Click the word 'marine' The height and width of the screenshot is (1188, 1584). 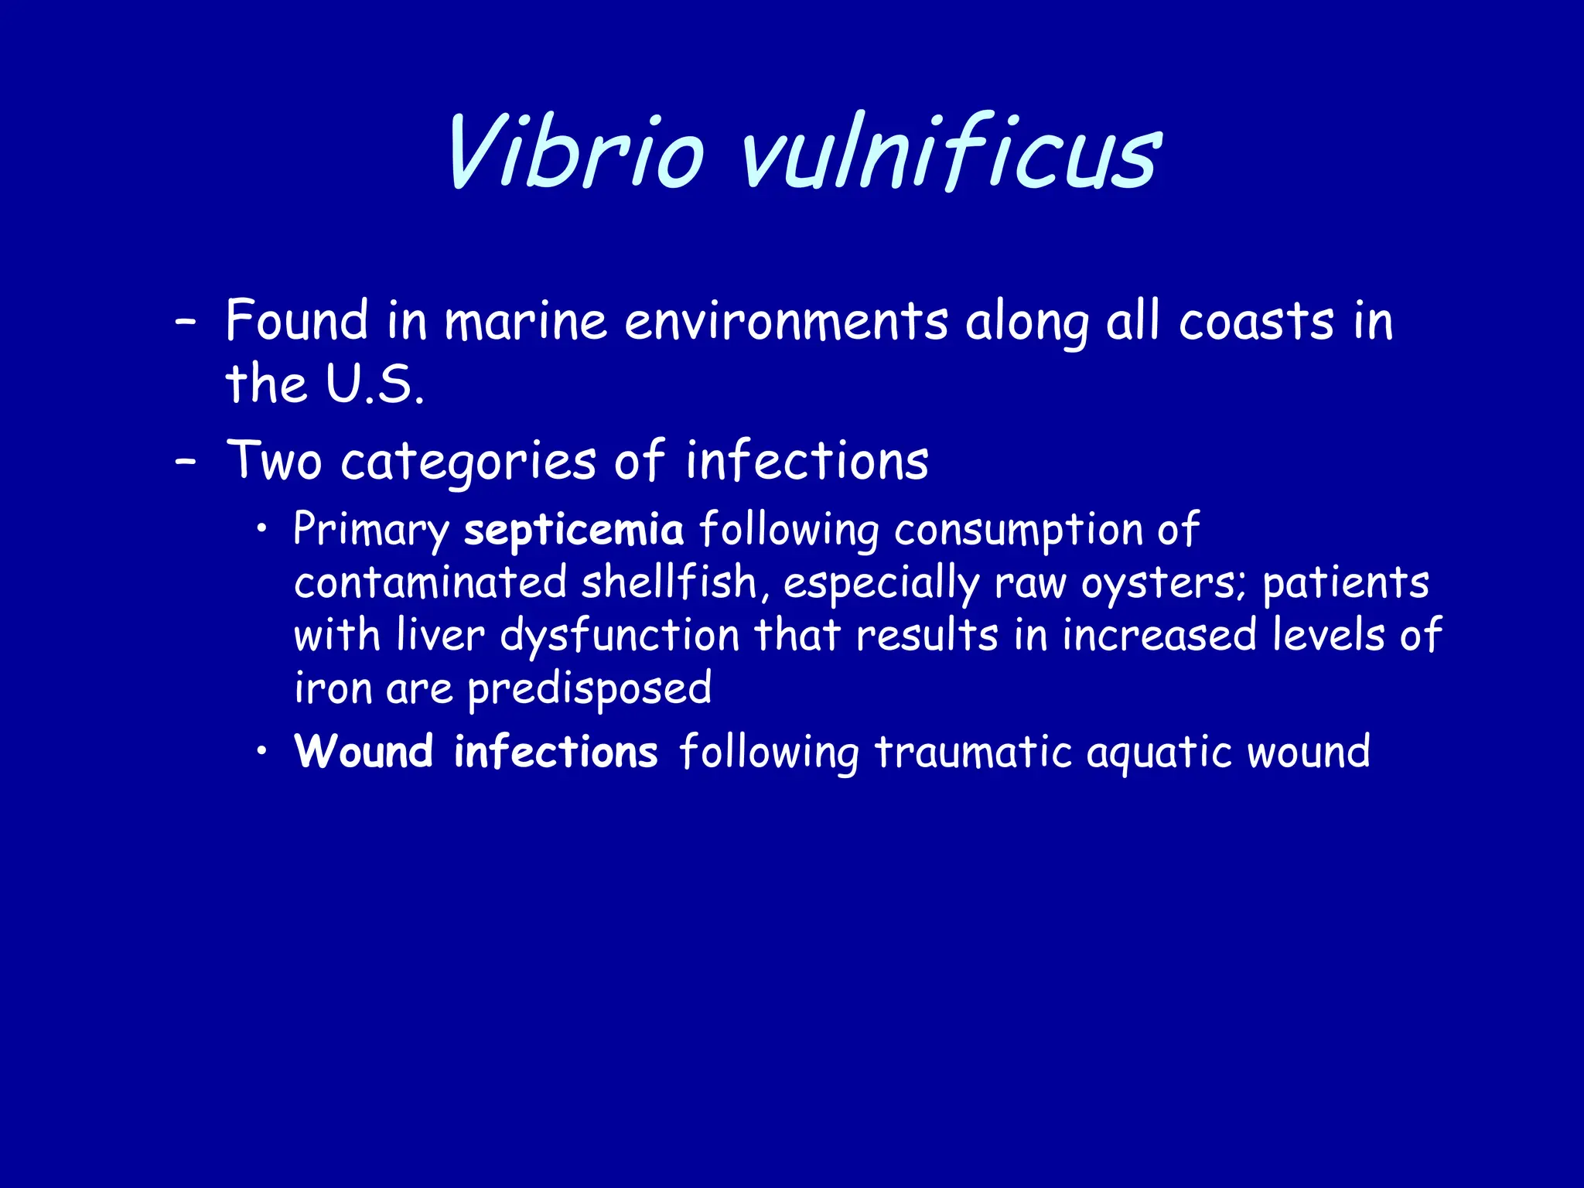tap(526, 321)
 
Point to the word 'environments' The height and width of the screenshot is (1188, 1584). tap(786, 321)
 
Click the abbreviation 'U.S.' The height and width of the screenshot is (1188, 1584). tap(374, 384)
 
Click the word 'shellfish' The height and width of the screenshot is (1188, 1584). tap(669, 583)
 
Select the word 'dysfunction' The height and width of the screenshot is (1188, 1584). tap(620, 637)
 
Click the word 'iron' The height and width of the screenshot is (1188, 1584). tap(333, 688)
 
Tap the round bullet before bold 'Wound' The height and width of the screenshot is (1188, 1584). tap(263, 751)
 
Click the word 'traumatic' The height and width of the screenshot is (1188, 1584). tap(973, 752)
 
